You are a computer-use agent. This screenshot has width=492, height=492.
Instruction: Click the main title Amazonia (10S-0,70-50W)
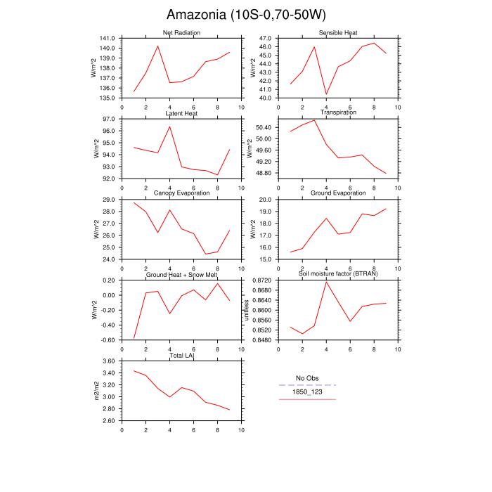click(246, 15)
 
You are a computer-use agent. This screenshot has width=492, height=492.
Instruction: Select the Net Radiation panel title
click(181, 33)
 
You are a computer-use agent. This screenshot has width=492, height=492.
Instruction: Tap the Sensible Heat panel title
click(338, 33)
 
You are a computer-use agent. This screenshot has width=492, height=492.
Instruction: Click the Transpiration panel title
click(338, 112)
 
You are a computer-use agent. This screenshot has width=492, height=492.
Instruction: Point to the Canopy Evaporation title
click(181, 193)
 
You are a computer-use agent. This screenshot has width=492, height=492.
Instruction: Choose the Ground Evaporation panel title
click(338, 193)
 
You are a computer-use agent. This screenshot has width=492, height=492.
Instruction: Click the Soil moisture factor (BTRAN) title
click(338, 273)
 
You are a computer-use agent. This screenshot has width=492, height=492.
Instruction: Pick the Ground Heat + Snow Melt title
click(181, 273)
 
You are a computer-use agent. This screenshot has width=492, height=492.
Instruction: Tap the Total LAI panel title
click(181, 356)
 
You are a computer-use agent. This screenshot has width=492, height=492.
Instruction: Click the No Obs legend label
click(307, 378)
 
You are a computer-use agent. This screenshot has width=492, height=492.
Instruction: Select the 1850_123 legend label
click(307, 392)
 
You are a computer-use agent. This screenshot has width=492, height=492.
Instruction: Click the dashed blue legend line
click(307, 385)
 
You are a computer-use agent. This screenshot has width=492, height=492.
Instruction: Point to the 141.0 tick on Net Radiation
click(108, 38)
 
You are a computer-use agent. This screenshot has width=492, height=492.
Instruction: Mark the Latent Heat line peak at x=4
click(169, 127)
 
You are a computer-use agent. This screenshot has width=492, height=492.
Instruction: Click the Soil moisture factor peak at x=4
click(326, 281)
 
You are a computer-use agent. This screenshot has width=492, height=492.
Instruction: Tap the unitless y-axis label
click(246, 310)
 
